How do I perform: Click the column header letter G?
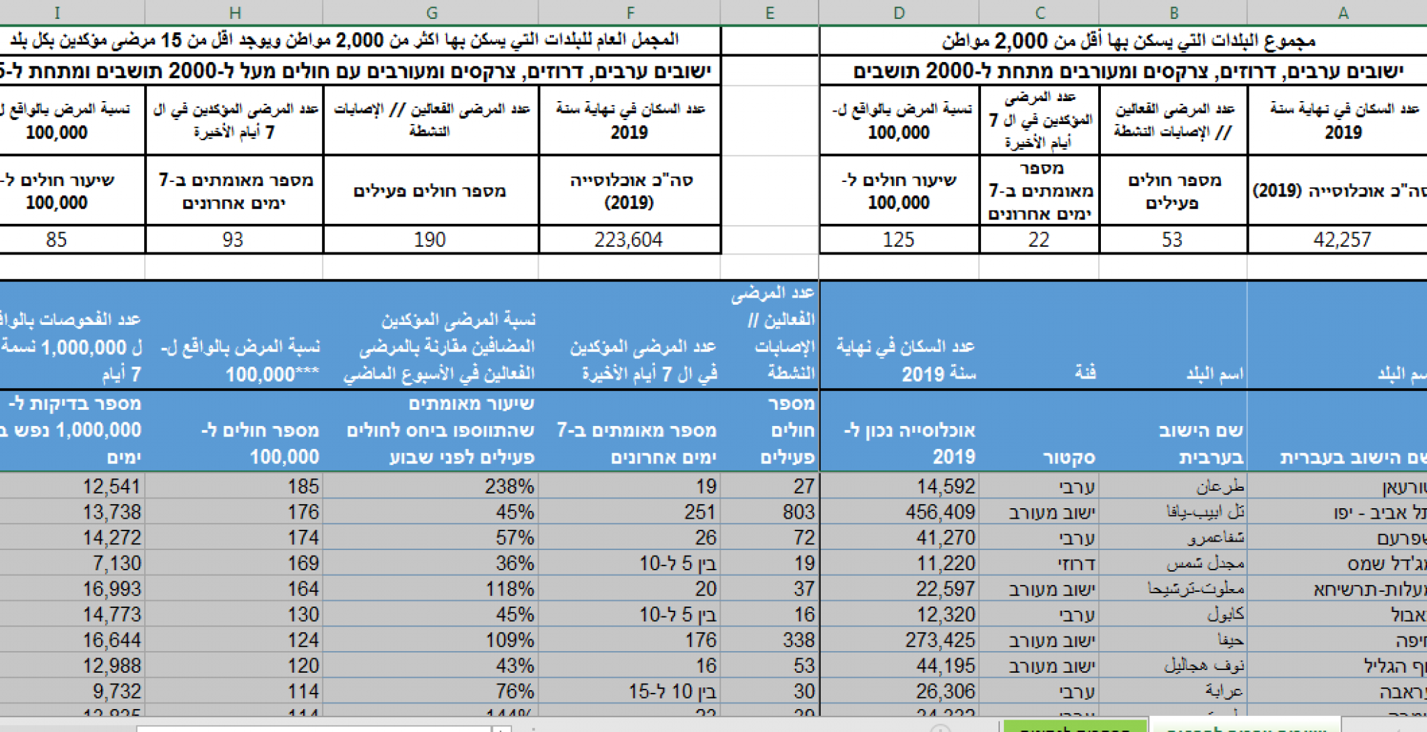tap(431, 13)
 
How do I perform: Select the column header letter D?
tap(899, 13)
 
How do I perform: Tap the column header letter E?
tap(769, 13)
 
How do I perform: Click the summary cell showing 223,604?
tap(628, 240)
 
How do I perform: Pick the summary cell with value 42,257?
tap(1342, 240)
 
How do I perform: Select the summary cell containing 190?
tap(430, 240)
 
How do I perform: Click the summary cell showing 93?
tap(233, 240)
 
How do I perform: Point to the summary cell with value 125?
tap(898, 240)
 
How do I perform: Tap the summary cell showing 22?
tap(1038, 240)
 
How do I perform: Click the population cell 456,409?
tap(940, 512)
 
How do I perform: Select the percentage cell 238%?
tap(509, 487)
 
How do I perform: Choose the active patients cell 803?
tap(799, 512)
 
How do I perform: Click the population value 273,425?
tap(940, 640)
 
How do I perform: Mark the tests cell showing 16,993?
tap(111, 589)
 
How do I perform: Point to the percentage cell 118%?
tap(509, 589)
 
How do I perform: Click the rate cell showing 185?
tap(303, 487)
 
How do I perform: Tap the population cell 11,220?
tap(946, 563)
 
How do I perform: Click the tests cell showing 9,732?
tap(116, 692)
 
